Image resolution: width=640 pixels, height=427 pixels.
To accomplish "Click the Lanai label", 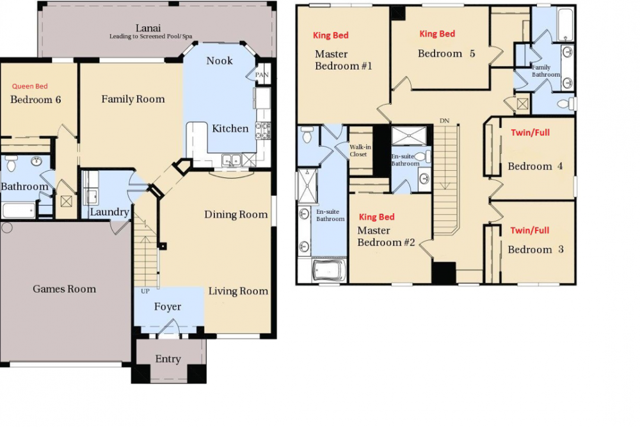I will pyautogui.click(x=148, y=28).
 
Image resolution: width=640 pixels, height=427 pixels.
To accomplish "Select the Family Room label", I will pyautogui.click(x=133, y=99).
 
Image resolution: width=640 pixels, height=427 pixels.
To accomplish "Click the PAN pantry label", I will pyautogui.click(x=261, y=75).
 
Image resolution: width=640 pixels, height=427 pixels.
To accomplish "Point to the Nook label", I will pyautogui.click(x=220, y=61).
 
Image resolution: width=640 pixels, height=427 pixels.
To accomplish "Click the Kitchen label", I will pyautogui.click(x=230, y=129).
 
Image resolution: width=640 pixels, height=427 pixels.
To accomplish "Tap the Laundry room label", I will pyautogui.click(x=109, y=213).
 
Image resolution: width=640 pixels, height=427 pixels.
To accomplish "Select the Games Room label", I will pyautogui.click(x=64, y=289).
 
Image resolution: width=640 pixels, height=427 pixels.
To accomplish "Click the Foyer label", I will pyautogui.click(x=168, y=307).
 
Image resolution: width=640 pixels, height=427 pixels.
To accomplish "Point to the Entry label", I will pyautogui.click(x=168, y=359).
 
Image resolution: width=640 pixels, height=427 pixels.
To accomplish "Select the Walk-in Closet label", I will pyautogui.click(x=359, y=150).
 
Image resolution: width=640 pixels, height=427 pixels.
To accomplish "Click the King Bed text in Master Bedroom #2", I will pyautogui.click(x=376, y=217).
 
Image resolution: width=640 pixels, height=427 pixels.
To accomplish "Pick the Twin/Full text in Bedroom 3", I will pyautogui.click(x=529, y=230).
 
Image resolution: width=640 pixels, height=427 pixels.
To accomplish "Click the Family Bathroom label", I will pyautogui.click(x=545, y=70).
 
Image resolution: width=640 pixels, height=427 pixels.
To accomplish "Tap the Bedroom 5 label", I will pyautogui.click(x=446, y=54).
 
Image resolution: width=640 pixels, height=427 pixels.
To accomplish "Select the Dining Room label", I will pyautogui.click(x=236, y=214).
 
